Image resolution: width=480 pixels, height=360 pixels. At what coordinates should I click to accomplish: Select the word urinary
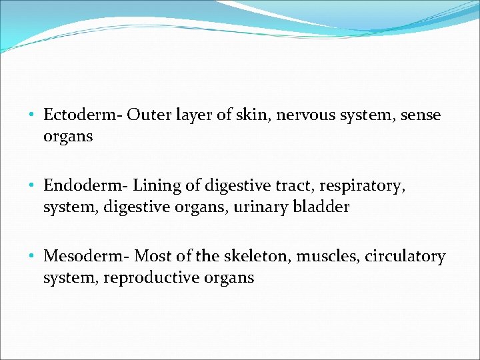[261, 207]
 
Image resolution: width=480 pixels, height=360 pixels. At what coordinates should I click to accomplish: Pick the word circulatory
[405, 257]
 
